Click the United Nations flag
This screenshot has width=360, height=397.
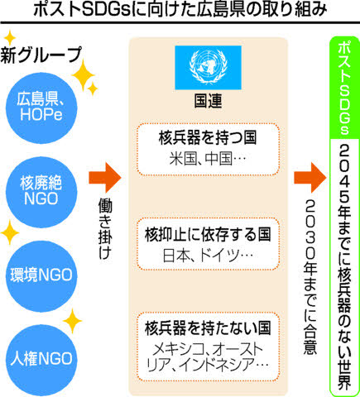coord(208,68)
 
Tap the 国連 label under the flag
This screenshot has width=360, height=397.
coord(208,101)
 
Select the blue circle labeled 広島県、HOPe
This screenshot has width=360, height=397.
coord(41,108)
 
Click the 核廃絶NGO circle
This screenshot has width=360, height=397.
coord(41,192)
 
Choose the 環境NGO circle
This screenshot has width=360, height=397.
coord(41,276)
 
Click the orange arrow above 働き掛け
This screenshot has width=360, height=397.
coord(105,178)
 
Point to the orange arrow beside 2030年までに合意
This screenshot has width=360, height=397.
coord(310,178)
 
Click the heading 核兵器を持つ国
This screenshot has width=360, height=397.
coord(208,138)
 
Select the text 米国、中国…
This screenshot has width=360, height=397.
coord(208,159)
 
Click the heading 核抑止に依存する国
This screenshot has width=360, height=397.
coord(208,235)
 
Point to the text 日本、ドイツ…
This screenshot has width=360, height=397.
coord(208,256)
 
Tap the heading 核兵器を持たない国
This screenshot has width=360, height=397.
coord(208,328)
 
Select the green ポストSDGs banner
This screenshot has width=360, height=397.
coord(344,88)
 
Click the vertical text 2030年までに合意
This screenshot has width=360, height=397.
coord(310,276)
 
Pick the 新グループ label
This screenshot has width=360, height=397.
coord(41,55)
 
